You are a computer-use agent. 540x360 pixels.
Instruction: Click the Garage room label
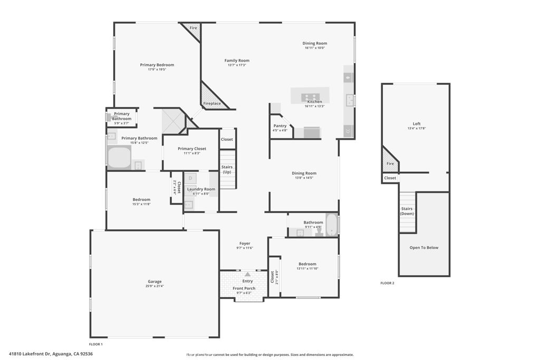[x=155, y=281]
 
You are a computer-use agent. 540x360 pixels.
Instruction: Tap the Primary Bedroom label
[x=157, y=65]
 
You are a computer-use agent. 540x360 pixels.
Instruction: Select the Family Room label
[x=237, y=61]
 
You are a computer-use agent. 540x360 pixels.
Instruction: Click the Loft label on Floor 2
[x=417, y=124]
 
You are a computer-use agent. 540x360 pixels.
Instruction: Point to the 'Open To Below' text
[x=424, y=248]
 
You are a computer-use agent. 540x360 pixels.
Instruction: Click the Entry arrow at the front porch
[x=247, y=274]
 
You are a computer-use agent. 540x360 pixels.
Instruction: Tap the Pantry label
[x=279, y=126]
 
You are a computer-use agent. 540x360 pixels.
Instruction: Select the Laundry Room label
[x=201, y=189]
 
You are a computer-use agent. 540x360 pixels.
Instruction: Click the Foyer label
[x=245, y=244]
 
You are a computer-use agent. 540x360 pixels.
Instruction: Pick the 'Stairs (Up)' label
[x=227, y=170]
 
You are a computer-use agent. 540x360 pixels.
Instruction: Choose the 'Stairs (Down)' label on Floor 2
[x=407, y=211]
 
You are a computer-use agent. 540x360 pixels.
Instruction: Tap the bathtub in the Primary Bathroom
[x=119, y=158]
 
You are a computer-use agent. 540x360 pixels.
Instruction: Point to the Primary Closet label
[x=192, y=149]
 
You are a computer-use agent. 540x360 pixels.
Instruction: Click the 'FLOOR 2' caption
[x=387, y=283]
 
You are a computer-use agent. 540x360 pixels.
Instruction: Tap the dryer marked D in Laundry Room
[x=190, y=178]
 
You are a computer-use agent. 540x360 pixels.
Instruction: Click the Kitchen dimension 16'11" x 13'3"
[x=314, y=106]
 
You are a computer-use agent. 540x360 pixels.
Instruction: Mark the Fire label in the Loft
[x=390, y=163]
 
